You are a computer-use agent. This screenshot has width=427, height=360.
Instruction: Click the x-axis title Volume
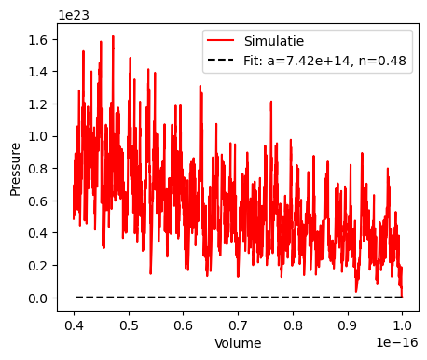pyautogui.click(x=238, y=343)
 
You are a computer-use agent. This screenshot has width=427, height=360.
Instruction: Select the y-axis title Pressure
pyautogui.click(x=15, y=169)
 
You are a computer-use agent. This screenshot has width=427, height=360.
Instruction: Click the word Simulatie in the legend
pyautogui.click(x=274, y=41)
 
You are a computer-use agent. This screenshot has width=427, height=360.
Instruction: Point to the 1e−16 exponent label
pyautogui.click(x=396, y=343)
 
